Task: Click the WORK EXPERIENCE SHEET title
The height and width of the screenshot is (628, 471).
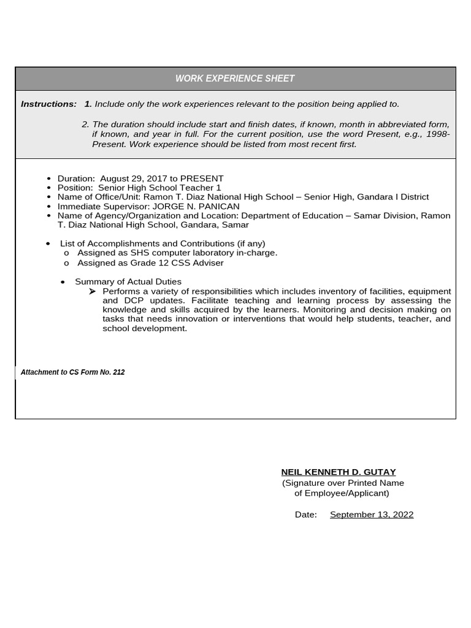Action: click(x=235, y=78)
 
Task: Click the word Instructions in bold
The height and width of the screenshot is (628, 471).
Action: click(x=48, y=104)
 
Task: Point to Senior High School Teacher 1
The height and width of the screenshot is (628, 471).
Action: click(x=159, y=188)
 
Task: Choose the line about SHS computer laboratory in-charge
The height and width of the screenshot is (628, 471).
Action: click(x=177, y=253)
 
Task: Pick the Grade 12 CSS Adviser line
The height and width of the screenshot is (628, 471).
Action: click(x=150, y=262)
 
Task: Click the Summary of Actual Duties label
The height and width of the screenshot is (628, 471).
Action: click(x=128, y=281)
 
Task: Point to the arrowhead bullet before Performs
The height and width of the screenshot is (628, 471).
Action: click(x=93, y=291)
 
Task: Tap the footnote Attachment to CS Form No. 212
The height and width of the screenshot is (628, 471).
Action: click(x=72, y=372)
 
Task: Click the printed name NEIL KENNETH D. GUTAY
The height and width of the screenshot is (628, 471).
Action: click(x=338, y=472)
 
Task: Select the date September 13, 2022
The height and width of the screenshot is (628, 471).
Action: click(x=372, y=515)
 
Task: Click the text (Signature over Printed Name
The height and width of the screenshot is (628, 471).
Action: click(x=343, y=483)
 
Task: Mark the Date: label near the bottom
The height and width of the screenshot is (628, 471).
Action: click(x=305, y=515)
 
